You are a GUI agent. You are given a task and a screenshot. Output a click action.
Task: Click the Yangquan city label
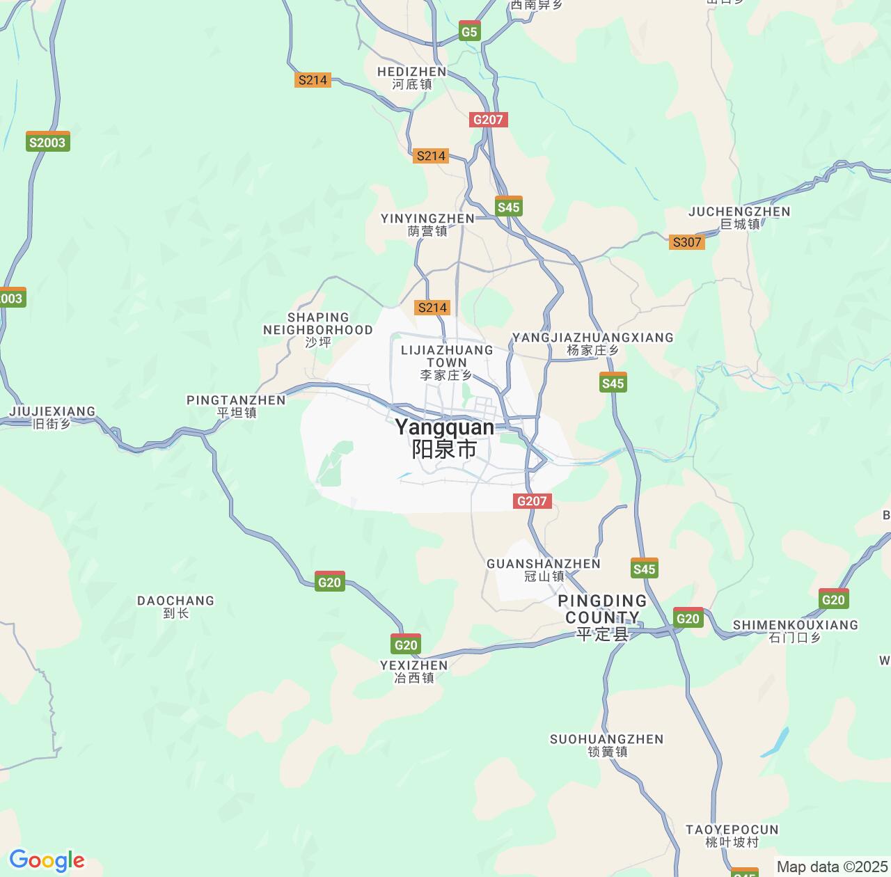tap(444, 438)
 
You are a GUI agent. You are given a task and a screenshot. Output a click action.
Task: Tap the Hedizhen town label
tap(411, 78)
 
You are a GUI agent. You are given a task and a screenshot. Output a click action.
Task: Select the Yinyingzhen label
tap(427, 225)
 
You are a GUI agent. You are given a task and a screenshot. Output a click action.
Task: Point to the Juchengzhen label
tap(739, 217)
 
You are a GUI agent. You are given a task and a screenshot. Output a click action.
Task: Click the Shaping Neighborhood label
tap(318, 329)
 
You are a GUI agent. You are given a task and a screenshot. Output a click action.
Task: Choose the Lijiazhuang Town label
tap(447, 362)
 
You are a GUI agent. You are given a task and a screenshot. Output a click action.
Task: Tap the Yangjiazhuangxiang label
tap(592, 344)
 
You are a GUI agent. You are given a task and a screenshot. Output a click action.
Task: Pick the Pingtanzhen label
tap(237, 406)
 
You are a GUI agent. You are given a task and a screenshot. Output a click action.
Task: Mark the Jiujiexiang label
tap(52, 417)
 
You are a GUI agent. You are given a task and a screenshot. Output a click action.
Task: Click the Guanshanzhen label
tap(544, 569)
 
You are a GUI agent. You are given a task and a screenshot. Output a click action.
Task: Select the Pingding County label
tap(602, 617)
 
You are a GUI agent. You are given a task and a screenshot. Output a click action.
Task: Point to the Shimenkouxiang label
tap(795, 631)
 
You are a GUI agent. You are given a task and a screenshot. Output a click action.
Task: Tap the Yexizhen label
tap(414, 671)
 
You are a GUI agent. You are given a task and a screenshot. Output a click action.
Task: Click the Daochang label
tap(175, 606)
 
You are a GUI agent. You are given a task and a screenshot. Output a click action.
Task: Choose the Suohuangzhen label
tap(607, 745)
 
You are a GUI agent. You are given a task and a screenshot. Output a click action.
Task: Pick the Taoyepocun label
tap(732, 835)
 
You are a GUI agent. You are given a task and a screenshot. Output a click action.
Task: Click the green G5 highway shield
tap(470, 31)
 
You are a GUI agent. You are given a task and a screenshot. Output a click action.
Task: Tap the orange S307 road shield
tap(687, 242)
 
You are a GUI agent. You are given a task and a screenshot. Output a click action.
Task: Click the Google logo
tap(47, 861)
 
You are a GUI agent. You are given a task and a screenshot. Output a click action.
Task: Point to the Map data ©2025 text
tap(832, 867)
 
